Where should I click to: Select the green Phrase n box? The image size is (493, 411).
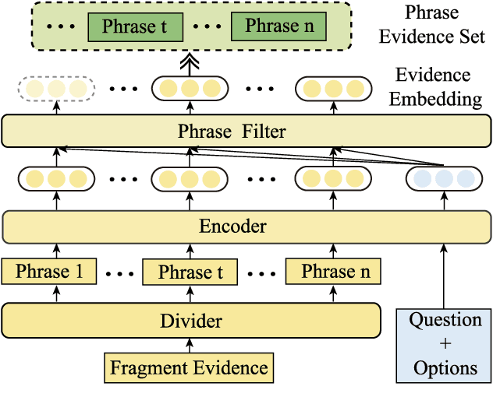point(272,26)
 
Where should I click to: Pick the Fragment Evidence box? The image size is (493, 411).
point(189,367)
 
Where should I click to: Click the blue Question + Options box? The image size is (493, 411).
point(445,344)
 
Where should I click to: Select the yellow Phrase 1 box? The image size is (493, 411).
point(48,272)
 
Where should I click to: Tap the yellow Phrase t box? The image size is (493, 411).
point(190,272)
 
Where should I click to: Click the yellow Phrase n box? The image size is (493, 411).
point(333,272)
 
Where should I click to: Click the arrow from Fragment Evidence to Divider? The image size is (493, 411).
point(190,345)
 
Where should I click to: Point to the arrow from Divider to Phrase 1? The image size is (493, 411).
point(55,293)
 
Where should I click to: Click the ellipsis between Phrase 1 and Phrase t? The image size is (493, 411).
point(119,273)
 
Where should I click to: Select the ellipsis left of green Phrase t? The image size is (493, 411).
point(60,27)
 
